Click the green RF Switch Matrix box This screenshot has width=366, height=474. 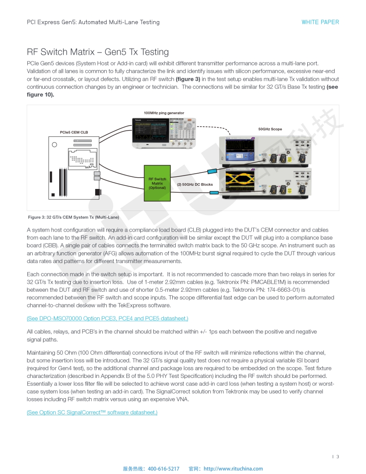(x=157, y=183)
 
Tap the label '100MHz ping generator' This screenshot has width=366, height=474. (x=164, y=113)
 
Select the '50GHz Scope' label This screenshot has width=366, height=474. (x=270, y=129)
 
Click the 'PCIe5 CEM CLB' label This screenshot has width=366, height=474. (x=74, y=132)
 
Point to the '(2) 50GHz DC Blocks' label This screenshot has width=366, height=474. (x=195, y=184)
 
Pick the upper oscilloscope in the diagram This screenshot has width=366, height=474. (x=264, y=150)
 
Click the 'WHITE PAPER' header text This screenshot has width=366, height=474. (x=320, y=22)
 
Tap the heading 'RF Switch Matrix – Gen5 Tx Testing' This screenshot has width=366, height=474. (x=98, y=52)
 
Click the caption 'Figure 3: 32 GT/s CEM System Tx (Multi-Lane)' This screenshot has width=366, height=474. (x=74, y=217)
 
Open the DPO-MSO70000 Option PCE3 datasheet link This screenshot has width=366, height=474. (x=107, y=319)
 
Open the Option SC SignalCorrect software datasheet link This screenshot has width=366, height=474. (x=92, y=413)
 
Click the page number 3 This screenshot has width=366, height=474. (x=337, y=456)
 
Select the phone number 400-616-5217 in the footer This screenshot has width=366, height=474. (x=163, y=469)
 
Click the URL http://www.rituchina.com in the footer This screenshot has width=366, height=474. (x=233, y=469)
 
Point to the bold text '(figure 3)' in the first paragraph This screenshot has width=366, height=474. (x=188, y=79)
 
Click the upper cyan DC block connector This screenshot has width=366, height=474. (x=212, y=171)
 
